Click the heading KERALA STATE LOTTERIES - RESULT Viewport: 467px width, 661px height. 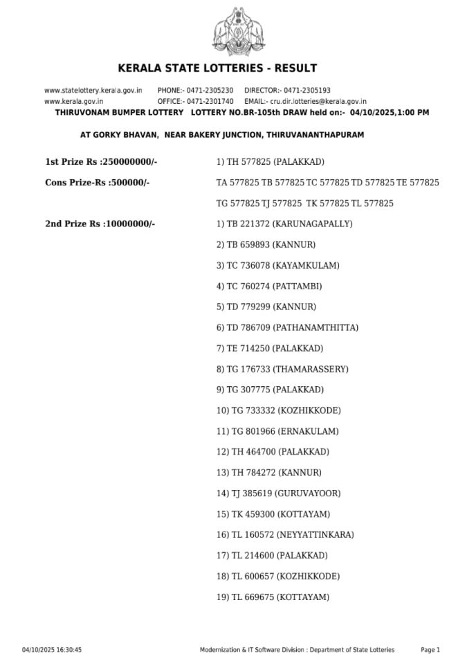click(217, 68)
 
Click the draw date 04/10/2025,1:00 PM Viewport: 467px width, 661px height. click(389, 112)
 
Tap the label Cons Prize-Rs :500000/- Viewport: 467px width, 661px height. click(98, 183)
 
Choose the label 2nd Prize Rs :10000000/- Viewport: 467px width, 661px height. click(100, 224)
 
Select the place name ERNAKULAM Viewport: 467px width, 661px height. click(309, 431)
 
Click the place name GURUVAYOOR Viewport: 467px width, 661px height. click(308, 494)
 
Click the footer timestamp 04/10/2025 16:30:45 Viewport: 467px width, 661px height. click(52, 650)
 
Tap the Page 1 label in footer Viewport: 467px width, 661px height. click(430, 650)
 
